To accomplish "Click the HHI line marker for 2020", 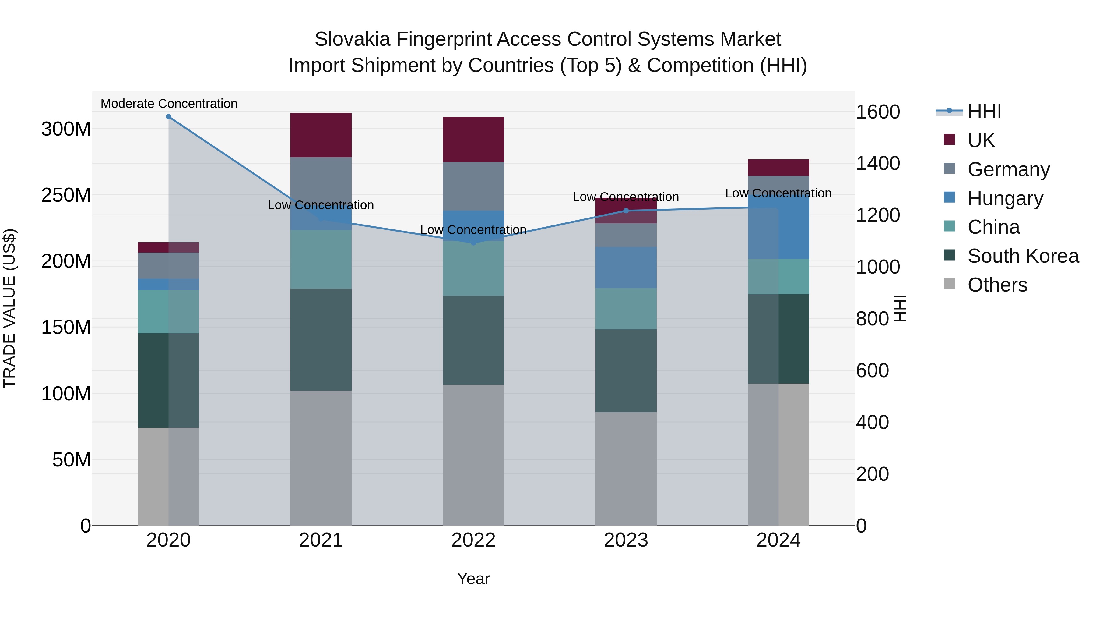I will click(x=168, y=117).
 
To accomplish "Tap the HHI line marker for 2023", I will click(x=626, y=211).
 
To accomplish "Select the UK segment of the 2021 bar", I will click(x=321, y=135).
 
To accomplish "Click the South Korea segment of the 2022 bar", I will click(x=473, y=340).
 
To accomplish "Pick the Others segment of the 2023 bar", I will click(x=626, y=468).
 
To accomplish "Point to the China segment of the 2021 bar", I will click(x=321, y=259).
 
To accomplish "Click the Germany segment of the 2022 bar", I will click(x=473, y=186).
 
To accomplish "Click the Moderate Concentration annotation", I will click(x=169, y=104).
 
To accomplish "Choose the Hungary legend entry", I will click(x=1005, y=198).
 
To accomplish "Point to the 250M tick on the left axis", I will click(x=66, y=195).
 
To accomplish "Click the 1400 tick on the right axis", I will click(x=878, y=164).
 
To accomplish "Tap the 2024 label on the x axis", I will click(x=778, y=540).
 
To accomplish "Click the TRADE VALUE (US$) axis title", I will click(x=9, y=308).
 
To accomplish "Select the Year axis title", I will click(x=473, y=579).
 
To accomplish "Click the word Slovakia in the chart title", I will click(x=352, y=39).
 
